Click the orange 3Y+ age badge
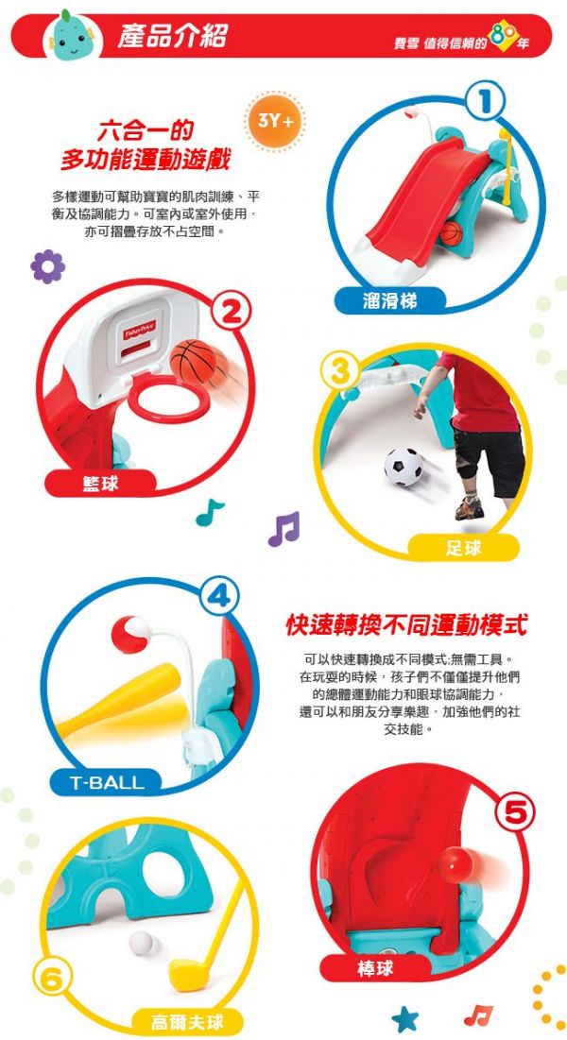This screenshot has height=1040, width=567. point(276,122)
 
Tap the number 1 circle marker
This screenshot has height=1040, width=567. point(485,101)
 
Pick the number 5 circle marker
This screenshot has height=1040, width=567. point(514,812)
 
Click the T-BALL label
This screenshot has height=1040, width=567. point(107,782)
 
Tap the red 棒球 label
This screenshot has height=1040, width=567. point(375,969)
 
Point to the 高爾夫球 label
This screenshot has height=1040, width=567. point(183,1022)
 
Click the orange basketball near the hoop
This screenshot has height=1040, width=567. point(194,361)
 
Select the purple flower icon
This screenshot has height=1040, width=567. point(47,266)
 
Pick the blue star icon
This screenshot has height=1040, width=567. point(404,1018)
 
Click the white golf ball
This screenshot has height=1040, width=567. point(141,942)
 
